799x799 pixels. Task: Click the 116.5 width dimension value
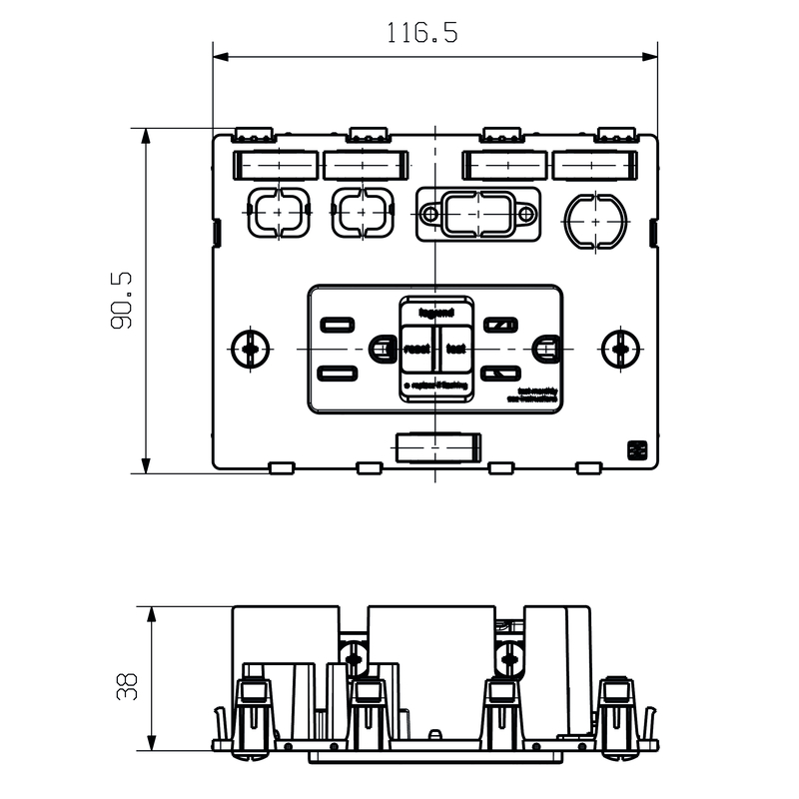pos(421,33)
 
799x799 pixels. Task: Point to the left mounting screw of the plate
pos(251,349)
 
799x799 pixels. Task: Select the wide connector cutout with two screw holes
pos(477,214)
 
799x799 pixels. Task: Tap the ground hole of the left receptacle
pos(381,349)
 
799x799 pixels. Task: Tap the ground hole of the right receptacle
pos(544,349)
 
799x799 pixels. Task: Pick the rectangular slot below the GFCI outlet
pos(438,448)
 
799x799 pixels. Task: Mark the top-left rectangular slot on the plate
pos(275,164)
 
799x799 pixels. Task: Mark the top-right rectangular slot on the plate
pos(595,164)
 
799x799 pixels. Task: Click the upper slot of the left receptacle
pos(337,324)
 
